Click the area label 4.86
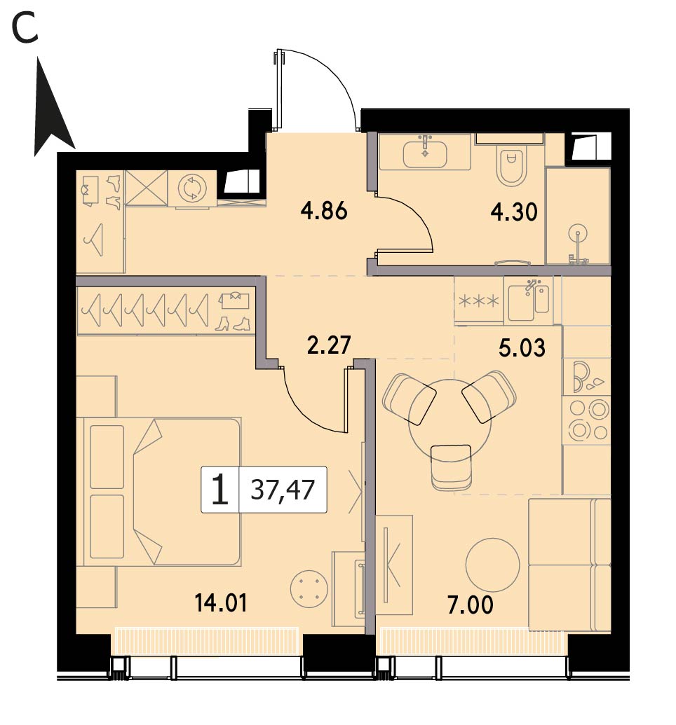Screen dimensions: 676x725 (324, 212)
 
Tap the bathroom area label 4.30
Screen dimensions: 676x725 (514, 213)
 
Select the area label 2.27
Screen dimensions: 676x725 (329, 345)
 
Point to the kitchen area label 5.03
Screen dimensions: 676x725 (522, 347)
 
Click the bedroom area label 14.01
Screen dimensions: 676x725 (221, 603)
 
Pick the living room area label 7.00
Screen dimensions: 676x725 (471, 605)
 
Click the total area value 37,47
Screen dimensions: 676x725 (283, 490)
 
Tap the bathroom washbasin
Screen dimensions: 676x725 (425, 153)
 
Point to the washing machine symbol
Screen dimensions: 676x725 (191, 188)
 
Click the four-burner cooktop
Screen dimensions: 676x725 (587, 420)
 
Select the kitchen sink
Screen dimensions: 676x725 (528, 301)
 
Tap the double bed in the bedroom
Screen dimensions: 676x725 (158, 492)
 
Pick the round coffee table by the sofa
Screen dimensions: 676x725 (493, 565)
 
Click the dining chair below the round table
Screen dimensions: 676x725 (451, 467)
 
